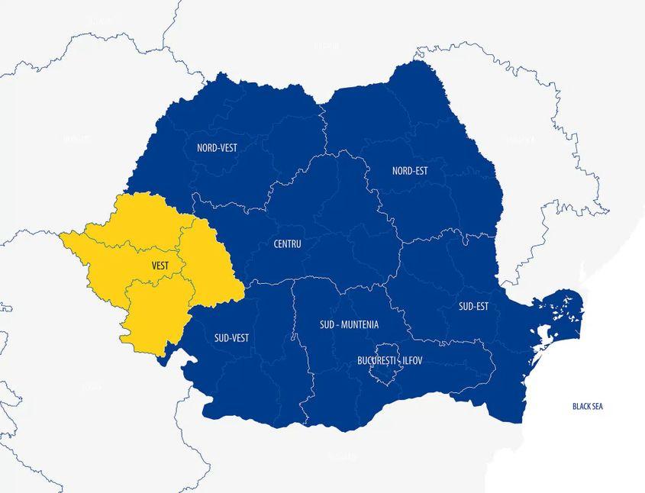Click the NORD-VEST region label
tap(217, 147)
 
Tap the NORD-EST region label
tap(409, 171)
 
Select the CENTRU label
tap(287, 244)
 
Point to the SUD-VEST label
tap(231, 337)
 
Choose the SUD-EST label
tap(473, 307)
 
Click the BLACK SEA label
tap(587, 407)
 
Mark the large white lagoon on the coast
tap(545, 335)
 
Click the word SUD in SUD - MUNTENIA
tap(327, 324)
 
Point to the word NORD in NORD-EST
tap(401, 171)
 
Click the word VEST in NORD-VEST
tap(227, 147)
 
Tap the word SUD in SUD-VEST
tap(221, 337)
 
